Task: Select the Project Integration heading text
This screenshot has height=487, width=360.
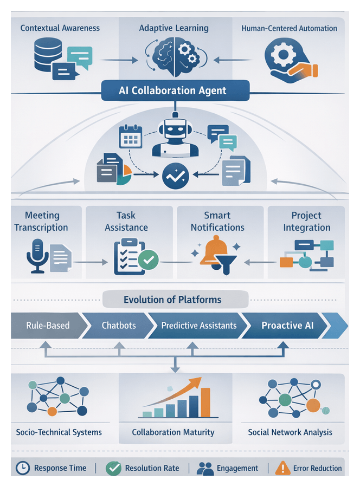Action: (x=306, y=221)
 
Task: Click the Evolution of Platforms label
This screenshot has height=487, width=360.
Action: (x=172, y=300)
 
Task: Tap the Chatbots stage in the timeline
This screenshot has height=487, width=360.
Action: (x=119, y=326)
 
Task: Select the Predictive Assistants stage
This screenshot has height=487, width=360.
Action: (x=198, y=326)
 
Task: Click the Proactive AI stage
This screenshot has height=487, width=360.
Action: (x=287, y=326)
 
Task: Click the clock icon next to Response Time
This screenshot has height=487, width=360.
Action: (x=22, y=468)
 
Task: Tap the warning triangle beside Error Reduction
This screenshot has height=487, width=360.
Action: (x=282, y=468)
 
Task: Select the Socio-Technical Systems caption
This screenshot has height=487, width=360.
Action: (x=60, y=432)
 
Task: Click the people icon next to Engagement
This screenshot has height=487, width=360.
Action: (x=205, y=469)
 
